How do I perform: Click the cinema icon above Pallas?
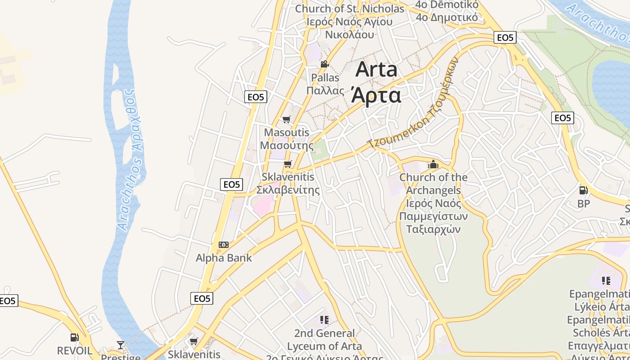click(324, 64)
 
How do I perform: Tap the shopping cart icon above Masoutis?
click(286, 119)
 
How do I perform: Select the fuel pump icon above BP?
click(583, 190)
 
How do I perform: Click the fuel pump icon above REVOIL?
click(74, 337)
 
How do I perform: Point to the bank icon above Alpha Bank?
click(224, 245)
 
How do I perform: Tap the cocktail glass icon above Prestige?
click(120, 345)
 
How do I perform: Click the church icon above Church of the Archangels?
click(433, 164)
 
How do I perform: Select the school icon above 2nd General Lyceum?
click(324, 320)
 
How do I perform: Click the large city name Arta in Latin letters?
click(377, 70)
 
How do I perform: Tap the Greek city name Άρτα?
click(376, 95)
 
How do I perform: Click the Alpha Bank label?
click(224, 258)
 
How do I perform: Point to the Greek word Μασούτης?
click(287, 146)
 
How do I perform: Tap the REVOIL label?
click(75, 351)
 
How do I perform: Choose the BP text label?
click(583, 204)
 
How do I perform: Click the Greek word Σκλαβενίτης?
click(291, 190)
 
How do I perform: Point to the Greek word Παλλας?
click(325, 90)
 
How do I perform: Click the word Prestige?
click(121, 357)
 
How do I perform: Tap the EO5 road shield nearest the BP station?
click(562, 118)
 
